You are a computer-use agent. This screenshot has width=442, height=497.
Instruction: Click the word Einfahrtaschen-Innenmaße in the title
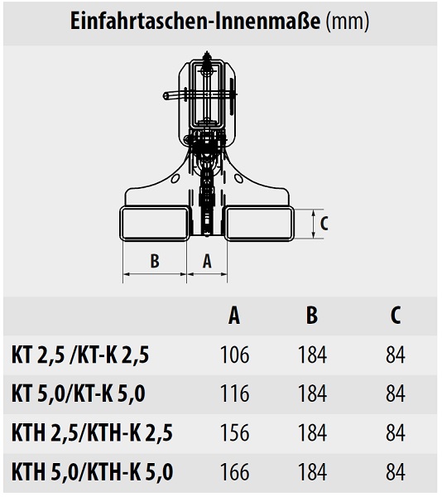(195, 22)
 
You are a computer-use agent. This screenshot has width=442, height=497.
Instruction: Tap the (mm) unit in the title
(348, 22)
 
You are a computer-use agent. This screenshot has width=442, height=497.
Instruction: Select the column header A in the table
(234, 316)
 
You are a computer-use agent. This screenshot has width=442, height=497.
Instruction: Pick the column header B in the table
(312, 316)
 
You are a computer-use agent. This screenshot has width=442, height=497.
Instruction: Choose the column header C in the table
(396, 316)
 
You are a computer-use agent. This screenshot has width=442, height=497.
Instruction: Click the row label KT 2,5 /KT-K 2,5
(80, 355)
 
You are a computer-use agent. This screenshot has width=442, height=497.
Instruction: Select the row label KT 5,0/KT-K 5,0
(78, 393)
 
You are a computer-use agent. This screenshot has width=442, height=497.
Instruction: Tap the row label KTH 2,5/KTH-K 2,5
(92, 433)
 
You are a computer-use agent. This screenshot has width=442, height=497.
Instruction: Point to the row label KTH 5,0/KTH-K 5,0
(92, 472)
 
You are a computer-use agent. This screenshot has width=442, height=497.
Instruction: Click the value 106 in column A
(234, 355)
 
